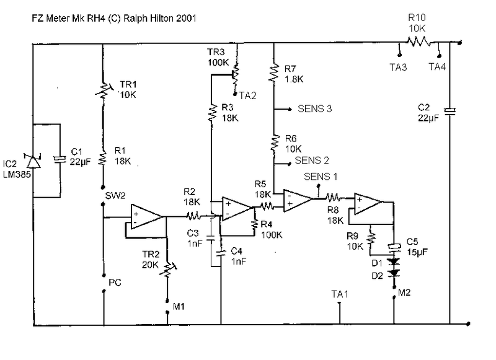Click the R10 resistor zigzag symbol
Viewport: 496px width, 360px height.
pyautogui.click(x=418, y=42)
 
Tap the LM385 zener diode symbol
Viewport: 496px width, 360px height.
pyautogui.click(x=33, y=161)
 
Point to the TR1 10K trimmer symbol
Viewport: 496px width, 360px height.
pyautogui.click(x=104, y=90)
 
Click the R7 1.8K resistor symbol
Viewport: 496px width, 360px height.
pyautogui.click(x=273, y=73)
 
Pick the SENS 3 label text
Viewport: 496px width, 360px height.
pyautogui.click(x=314, y=108)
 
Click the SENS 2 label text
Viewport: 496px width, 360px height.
pyautogui.click(x=312, y=160)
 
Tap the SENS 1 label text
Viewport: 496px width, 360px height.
pyautogui.click(x=321, y=177)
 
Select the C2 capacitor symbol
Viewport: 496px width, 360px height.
pyautogui.click(x=449, y=112)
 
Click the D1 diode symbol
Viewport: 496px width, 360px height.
pyautogui.click(x=394, y=261)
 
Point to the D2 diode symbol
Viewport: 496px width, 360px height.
pyautogui.click(x=394, y=273)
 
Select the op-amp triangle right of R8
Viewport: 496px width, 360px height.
pyautogui.click(x=368, y=204)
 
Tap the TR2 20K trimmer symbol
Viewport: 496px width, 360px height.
pyautogui.click(x=167, y=270)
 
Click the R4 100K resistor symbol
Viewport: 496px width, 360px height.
pyautogui.click(x=254, y=224)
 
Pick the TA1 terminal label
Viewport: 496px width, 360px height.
pyautogui.click(x=340, y=294)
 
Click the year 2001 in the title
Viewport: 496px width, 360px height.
pyautogui.click(x=187, y=19)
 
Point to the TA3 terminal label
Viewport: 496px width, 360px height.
pyautogui.click(x=398, y=68)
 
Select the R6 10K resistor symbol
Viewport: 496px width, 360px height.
pyautogui.click(x=274, y=143)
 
